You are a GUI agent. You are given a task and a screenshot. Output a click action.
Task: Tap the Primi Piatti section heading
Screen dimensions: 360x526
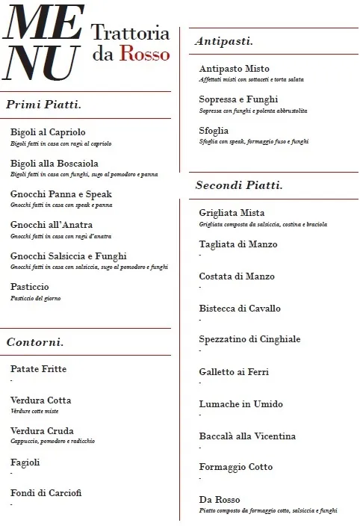[x=43, y=105]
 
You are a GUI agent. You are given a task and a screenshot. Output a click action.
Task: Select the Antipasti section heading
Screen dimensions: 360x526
[x=223, y=41]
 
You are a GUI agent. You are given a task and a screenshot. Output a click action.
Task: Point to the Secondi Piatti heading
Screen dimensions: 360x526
[x=238, y=185]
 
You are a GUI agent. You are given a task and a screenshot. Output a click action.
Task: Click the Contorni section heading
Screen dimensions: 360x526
[x=34, y=342]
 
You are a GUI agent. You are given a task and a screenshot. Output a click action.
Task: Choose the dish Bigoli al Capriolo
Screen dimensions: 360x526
[x=48, y=132]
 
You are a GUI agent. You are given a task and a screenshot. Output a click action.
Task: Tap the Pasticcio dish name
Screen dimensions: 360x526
[x=30, y=287]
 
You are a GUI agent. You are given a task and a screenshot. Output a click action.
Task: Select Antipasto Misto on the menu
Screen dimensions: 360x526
[x=234, y=69]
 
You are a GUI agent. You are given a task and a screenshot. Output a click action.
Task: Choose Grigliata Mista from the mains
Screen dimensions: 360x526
[x=232, y=213]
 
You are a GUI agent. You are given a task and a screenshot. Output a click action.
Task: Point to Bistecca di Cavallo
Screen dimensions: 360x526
[x=240, y=308]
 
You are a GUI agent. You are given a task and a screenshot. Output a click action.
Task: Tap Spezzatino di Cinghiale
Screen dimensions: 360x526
[x=249, y=339]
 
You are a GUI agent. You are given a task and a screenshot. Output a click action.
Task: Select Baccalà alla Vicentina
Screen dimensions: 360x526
[x=247, y=436]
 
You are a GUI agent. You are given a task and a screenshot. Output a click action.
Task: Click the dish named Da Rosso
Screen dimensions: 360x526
[x=220, y=500]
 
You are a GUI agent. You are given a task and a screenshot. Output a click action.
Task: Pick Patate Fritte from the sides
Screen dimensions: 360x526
[x=38, y=369]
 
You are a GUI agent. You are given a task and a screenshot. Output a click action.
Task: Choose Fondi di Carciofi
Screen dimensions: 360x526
[x=46, y=493]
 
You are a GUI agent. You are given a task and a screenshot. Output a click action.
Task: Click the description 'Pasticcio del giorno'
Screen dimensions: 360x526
[x=36, y=299]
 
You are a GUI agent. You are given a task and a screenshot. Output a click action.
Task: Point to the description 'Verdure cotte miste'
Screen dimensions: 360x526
[x=34, y=412]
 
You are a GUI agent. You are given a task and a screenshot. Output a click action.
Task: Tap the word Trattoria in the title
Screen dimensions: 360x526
[x=130, y=32]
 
